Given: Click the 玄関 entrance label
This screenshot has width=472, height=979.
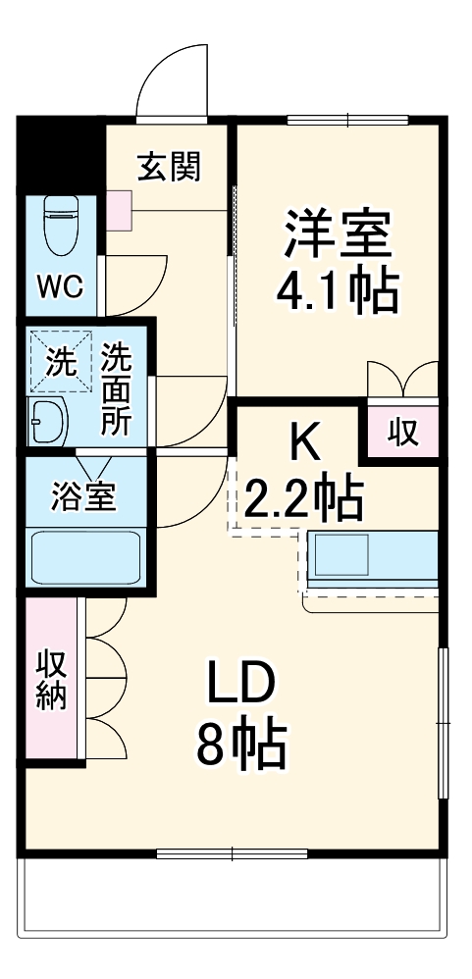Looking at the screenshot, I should (x=169, y=168).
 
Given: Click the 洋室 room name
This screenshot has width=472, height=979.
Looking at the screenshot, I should (x=339, y=232).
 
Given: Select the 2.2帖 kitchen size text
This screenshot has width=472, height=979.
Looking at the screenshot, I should (x=302, y=500).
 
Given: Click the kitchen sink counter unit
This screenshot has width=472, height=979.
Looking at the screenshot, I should (x=372, y=559).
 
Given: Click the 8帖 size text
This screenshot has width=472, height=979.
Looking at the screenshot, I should (x=241, y=747).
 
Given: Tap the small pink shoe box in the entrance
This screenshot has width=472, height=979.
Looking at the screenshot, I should (x=119, y=208).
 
